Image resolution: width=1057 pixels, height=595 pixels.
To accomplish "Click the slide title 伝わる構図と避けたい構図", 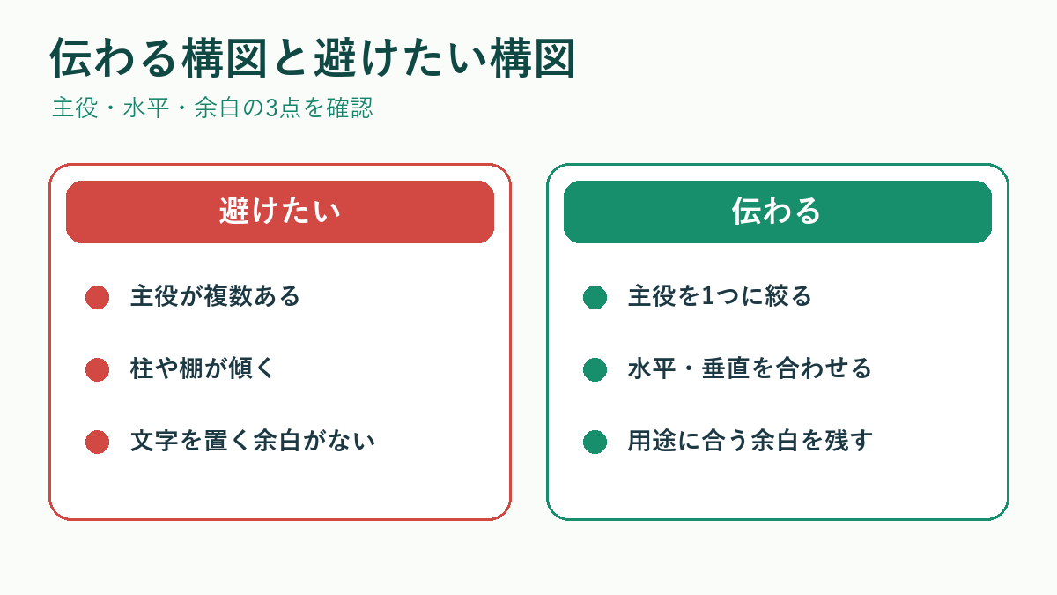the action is (313, 58).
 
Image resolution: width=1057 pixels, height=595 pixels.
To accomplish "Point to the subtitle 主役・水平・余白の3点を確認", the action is (212, 108).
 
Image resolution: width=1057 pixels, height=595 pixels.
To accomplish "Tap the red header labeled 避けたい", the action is (280, 212).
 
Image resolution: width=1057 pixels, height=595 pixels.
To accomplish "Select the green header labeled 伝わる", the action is (777, 212).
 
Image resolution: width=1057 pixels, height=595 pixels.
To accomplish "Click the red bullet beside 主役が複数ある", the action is (97, 298).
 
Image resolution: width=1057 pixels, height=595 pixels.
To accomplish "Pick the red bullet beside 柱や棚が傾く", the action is (97, 369).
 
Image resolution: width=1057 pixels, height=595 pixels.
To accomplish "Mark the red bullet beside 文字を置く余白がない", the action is (97, 442).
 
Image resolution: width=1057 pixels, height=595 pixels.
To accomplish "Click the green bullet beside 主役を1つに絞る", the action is (595, 298).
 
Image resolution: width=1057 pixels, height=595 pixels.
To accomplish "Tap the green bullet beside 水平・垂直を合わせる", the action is (595, 369).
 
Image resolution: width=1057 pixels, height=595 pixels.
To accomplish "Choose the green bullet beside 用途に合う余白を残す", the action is (595, 442).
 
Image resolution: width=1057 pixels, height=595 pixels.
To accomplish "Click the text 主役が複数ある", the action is (215, 296).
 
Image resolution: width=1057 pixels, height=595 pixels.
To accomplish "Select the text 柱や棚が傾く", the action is (203, 368).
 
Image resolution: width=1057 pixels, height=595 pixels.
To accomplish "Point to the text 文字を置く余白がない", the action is (253, 441).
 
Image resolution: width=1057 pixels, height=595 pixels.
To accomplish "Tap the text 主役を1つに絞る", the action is (720, 296).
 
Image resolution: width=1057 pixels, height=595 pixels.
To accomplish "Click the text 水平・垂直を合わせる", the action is (750, 368).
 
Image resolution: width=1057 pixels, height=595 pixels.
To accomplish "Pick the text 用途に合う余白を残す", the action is (750, 441).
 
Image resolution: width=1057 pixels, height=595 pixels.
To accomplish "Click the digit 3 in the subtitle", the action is (271, 108).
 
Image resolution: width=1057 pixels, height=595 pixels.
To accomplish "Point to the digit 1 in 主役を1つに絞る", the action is (708, 296).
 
